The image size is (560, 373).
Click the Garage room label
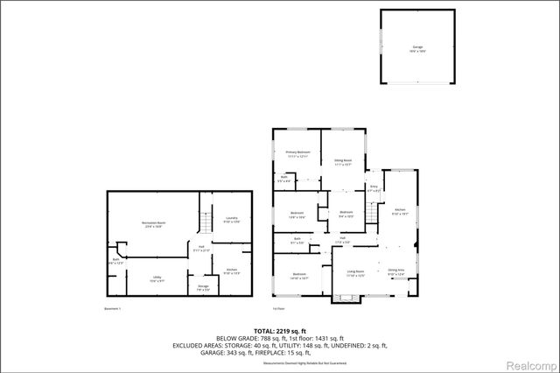(417, 46)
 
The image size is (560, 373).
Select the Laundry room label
(232, 218)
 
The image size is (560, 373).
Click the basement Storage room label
(203, 287)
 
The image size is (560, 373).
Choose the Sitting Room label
(342, 161)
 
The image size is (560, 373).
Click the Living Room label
(354, 272)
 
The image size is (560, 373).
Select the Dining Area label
(395, 271)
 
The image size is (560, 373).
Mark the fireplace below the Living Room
(345, 299)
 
